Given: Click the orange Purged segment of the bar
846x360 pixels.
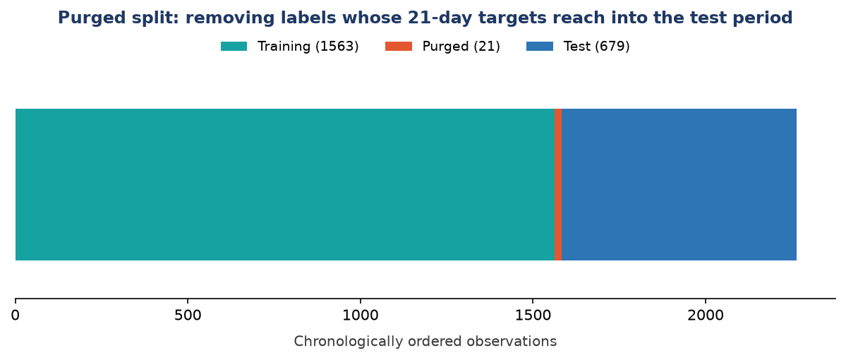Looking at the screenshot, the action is point(558,184).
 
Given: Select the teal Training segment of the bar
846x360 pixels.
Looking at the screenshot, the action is point(285,184).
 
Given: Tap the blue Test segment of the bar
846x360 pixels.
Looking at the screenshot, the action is point(679,184).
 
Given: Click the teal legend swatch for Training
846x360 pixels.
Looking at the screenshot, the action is point(234,47).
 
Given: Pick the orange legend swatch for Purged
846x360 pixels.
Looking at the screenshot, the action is point(398,47).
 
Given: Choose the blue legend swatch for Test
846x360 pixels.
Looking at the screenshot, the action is point(540,47).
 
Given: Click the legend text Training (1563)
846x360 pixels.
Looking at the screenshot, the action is point(308,47).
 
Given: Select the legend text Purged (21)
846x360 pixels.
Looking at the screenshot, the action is point(461,47).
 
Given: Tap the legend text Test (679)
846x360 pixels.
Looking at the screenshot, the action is point(597,47).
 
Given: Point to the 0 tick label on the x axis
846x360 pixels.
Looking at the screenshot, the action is point(16,315).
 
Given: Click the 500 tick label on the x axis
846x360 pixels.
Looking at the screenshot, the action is point(188,315).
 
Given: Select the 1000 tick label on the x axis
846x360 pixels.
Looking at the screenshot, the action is point(360,315).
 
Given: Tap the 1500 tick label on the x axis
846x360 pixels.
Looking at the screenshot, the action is point(533,315).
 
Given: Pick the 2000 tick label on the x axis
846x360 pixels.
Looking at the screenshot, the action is point(705,315).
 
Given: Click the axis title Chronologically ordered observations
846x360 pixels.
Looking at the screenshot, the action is point(425,342).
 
